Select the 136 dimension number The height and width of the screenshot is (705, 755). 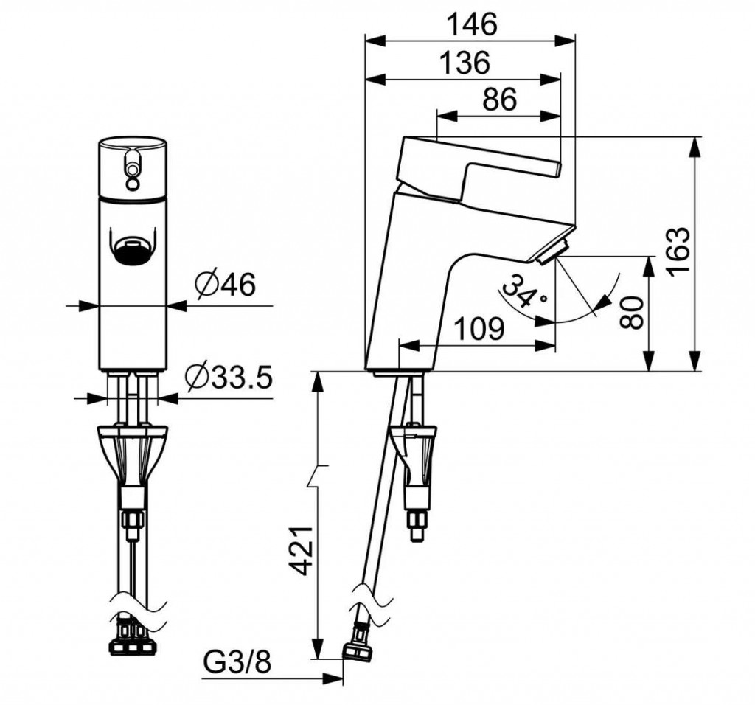tap(465, 63)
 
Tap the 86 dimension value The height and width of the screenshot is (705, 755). tap(499, 100)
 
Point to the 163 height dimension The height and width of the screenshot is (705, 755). tap(679, 251)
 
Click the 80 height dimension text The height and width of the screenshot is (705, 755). tap(631, 313)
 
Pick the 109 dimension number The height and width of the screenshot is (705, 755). tap(479, 330)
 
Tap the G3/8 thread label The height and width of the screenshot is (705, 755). tap(237, 664)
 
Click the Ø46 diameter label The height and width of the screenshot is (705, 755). tap(226, 285)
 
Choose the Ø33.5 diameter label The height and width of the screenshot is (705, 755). tap(229, 378)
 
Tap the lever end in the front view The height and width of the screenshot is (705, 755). tap(132, 164)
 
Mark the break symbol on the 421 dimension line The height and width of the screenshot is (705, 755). tap(318, 474)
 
